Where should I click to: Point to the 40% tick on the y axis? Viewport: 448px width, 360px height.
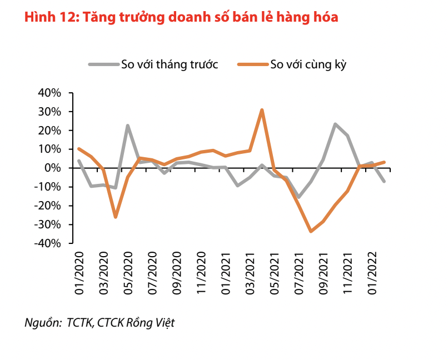tap(49, 93)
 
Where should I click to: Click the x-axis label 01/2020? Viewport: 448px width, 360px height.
tap(79, 272)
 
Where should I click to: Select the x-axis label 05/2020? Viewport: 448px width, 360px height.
tap(128, 272)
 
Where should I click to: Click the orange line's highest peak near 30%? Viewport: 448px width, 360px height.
tap(262, 110)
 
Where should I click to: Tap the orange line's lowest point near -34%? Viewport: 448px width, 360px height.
tap(311, 231)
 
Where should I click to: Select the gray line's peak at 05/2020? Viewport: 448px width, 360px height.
tap(128, 126)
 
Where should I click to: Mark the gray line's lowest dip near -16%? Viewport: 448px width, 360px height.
tap(298, 197)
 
